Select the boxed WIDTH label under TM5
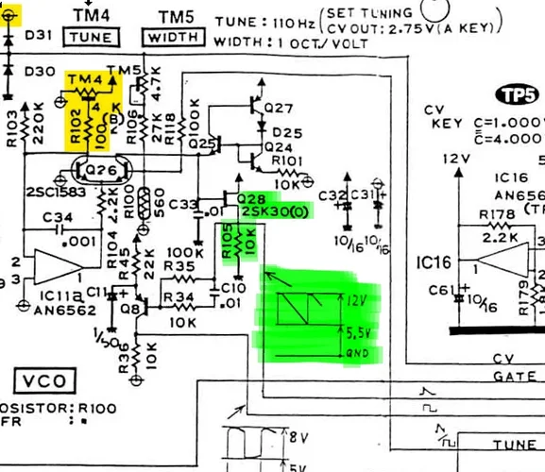(173, 38)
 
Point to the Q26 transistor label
(99, 169)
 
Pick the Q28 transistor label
(251, 198)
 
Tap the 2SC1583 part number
(32, 192)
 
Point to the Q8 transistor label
(129, 307)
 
